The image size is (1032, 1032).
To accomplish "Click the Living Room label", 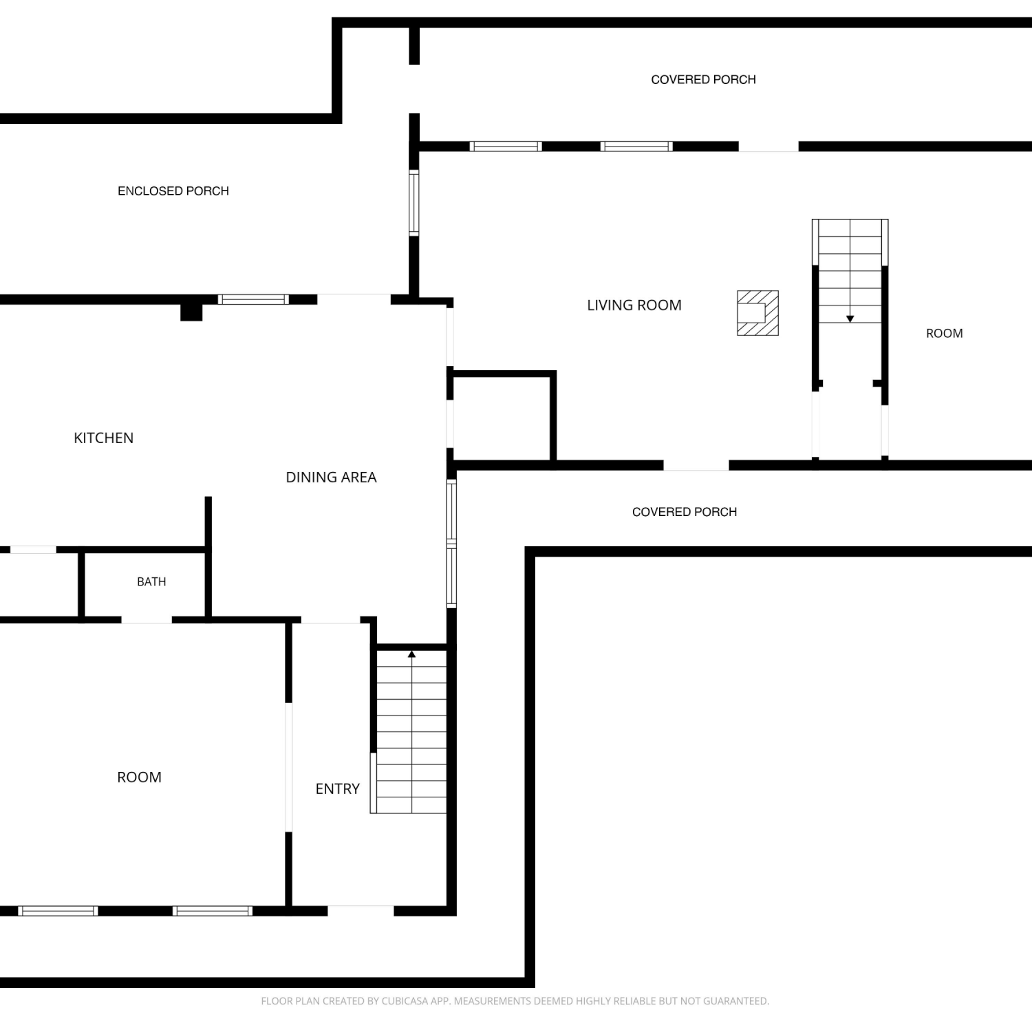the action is tap(634, 305).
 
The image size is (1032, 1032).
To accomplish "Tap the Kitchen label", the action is tap(103, 438).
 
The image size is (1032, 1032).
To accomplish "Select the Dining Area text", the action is tap(331, 477).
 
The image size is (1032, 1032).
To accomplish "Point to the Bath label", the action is tap(151, 582).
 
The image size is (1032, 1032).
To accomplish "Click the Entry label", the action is tap(337, 789).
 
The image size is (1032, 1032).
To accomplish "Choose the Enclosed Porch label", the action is tap(173, 191).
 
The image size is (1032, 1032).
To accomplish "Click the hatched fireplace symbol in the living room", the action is tap(757, 313).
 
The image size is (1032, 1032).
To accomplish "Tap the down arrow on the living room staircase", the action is tap(850, 319).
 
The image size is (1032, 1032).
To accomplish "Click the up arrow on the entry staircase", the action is tap(411, 654).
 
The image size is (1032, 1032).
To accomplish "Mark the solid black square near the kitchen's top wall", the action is tap(191, 312).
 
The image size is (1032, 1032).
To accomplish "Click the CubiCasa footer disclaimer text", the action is tap(515, 1001).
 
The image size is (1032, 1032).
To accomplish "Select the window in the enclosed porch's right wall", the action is tap(413, 203).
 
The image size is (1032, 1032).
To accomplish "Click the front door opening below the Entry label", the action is tap(361, 911).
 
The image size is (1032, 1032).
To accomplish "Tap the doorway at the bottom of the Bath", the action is tap(147, 620).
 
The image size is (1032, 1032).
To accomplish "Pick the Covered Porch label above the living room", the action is tap(703, 80).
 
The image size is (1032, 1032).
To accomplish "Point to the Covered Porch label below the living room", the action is tap(685, 512).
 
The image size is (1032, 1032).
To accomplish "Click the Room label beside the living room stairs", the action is tap(944, 334).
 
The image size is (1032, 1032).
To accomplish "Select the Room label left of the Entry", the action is tap(139, 777).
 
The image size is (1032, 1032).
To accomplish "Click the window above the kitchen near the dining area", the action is tap(253, 299).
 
